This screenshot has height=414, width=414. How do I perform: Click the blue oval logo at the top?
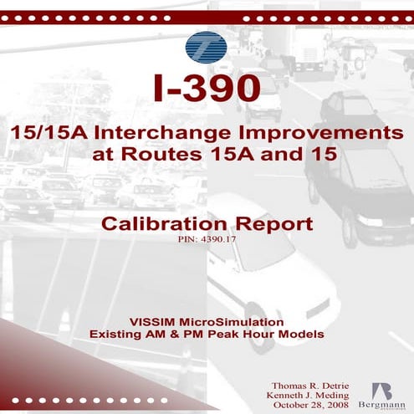point(207,47)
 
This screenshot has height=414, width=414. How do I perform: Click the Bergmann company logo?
point(381,396)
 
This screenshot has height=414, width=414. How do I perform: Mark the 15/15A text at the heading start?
point(49,134)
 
